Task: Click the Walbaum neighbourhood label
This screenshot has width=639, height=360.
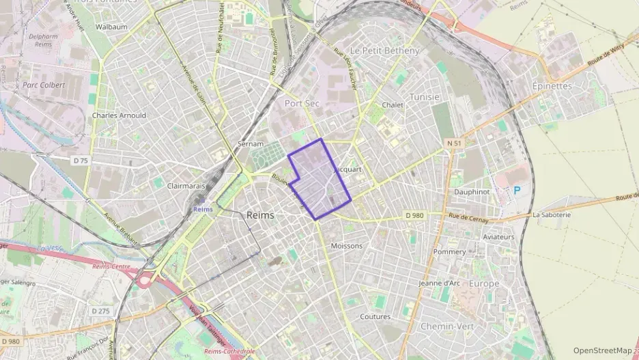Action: [113, 27]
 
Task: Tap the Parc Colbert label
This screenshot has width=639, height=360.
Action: [43, 85]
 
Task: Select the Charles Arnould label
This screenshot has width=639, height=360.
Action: [119, 115]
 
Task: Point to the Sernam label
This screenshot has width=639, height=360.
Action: [250, 144]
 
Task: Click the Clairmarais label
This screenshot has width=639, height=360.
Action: [186, 185]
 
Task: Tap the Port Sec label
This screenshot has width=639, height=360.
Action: [301, 103]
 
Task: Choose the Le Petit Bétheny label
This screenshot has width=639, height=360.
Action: [384, 51]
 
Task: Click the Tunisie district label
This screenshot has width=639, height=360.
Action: [424, 97]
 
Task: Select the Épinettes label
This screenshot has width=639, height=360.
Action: [552, 86]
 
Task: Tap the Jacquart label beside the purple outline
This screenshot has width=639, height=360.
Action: [349, 168]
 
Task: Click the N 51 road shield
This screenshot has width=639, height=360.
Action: [455, 143]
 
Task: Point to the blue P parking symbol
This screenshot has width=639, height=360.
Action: [516, 191]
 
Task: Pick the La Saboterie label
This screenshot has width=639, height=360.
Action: [551, 214]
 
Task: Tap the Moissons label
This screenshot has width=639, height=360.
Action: [346, 245]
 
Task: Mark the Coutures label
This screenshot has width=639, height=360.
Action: [375, 316]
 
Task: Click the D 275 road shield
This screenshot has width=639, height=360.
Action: [100, 311]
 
